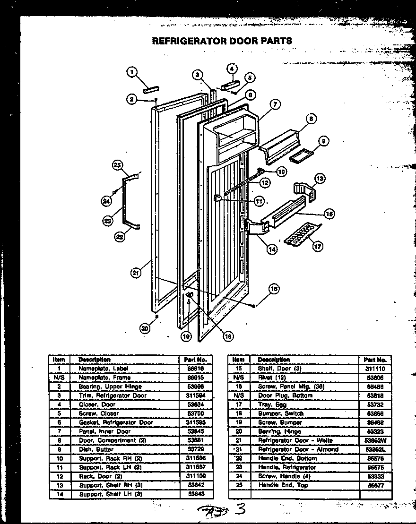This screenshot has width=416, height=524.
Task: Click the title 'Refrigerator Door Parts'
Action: pyautogui.click(x=222, y=41)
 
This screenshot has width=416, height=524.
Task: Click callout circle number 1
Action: pyautogui.click(x=132, y=72)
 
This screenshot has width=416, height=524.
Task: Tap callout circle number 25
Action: pyautogui.click(x=118, y=164)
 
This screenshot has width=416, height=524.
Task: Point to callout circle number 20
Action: pyautogui.click(x=145, y=329)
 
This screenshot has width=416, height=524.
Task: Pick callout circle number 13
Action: pyautogui.click(x=320, y=179)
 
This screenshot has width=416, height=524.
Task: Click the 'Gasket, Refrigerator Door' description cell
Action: pyautogui.click(x=116, y=422)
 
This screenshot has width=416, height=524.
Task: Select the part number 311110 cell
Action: pyautogui.click(x=375, y=369)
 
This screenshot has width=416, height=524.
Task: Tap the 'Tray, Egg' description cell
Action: pyautogui.click(x=273, y=404)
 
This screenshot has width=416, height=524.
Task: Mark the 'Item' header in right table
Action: pyautogui.click(x=238, y=360)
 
